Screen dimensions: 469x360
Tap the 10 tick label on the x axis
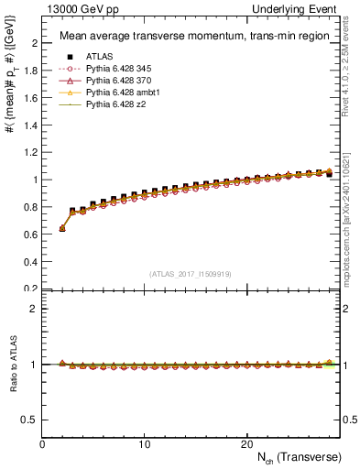pos(145,443)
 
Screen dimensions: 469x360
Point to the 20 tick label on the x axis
pos(246,443)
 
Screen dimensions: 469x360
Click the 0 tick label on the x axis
pos(42,443)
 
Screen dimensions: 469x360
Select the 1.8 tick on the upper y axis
pos(30,71)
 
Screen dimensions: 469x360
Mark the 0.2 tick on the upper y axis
pos(30,289)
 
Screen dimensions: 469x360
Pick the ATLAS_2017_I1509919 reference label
pos(190,274)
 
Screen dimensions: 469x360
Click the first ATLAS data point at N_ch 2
pos(62,228)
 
